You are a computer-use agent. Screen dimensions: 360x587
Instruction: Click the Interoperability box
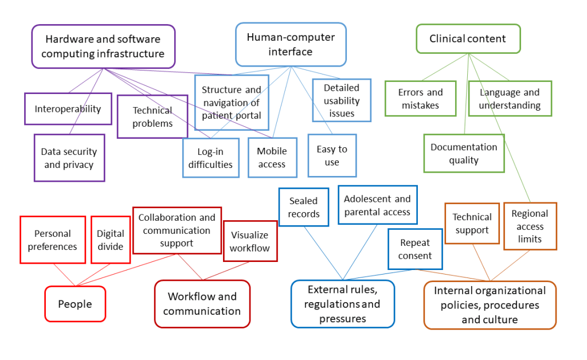[x=68, y=109]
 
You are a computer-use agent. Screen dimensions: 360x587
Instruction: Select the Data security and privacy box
[x=69, y=158]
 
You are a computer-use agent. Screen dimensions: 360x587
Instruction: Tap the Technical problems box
[x=152, y=116]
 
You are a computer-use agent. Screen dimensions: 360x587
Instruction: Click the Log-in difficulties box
[x=210, y=158]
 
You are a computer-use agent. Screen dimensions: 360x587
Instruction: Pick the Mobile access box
[x=272, y=158]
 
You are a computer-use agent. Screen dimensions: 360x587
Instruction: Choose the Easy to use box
[x=332, y=155]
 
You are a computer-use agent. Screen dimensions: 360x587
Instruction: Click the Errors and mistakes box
[x=420, y=99]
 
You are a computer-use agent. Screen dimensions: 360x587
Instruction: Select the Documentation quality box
[x=464, y=153]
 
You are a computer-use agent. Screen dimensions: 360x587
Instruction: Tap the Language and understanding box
[x=510, y=99]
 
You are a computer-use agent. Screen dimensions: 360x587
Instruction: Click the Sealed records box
[x=304, y=207]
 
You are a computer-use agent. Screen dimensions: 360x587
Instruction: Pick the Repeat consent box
[x=415, y=249]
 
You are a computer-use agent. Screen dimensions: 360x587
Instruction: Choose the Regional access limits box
[x=530, y=226]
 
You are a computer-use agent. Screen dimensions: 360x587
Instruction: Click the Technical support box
[x=472, y=224]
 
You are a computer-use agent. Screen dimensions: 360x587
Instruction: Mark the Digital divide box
[x=110, y=240]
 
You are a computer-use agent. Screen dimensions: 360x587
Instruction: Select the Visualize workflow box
[x=249, y=241]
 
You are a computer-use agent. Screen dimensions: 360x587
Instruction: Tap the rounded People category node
[x=75, y=304]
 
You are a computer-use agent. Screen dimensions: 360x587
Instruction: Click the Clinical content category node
[x=468, y=39]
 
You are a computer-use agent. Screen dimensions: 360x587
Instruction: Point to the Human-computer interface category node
[x=291, y=44]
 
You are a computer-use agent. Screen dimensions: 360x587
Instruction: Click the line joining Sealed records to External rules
[x=324, y=252]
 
